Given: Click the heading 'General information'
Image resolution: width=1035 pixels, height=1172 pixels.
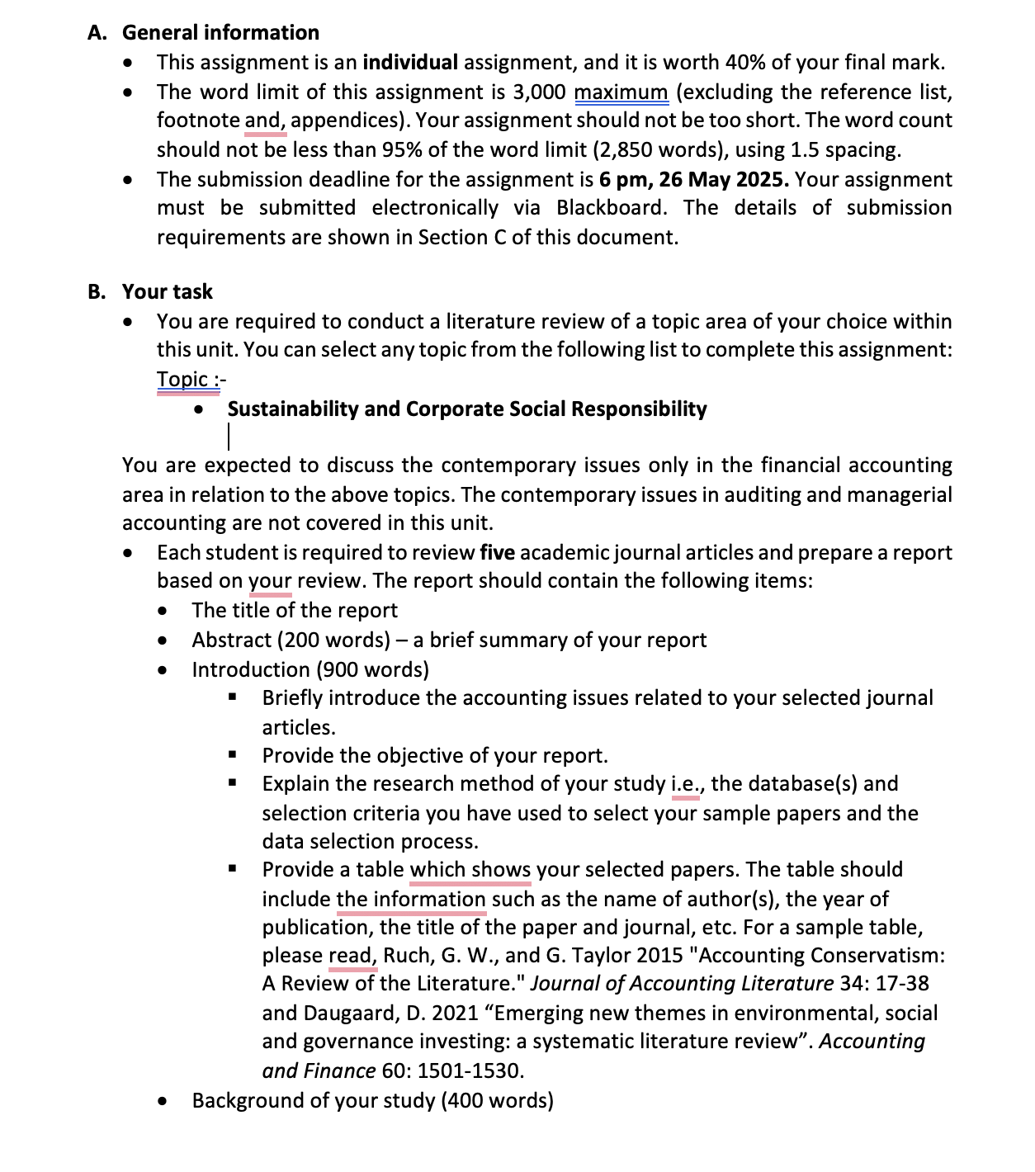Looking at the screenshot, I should tap(220, 33).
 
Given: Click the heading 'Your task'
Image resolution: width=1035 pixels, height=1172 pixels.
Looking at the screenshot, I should tap(168, 292).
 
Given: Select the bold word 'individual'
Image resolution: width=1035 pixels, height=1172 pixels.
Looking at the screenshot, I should tap(410, 63).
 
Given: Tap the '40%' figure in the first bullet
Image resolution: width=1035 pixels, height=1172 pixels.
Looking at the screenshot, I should tap(746, 63).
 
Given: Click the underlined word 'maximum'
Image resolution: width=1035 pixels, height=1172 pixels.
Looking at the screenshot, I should tap(621, 92).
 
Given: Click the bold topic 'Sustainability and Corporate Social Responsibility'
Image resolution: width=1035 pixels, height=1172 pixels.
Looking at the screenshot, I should tap(467, 409).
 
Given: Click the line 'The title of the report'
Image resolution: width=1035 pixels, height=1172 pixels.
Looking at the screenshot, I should tap(295, 611).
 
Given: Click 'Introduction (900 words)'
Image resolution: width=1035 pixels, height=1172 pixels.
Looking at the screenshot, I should tap(310, 669).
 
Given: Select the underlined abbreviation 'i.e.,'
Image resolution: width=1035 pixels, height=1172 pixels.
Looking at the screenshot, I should tap(687, 783).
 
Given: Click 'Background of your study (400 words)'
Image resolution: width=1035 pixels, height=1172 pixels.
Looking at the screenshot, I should tap(372, 1101).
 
